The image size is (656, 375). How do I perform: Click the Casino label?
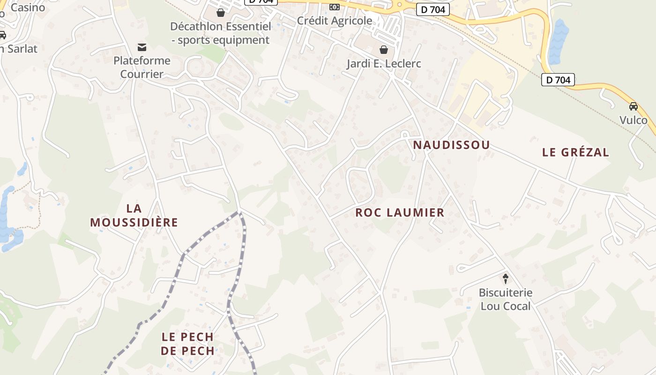coord(28,7)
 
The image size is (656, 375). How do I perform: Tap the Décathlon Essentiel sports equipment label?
coord(221,33)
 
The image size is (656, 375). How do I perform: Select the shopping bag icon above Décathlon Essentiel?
coord(221,13)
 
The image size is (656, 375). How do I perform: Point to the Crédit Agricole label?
coord(335,21)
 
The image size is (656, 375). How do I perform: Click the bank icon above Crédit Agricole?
coord(334,7)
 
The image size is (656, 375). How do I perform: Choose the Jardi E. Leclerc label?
coord(384,64)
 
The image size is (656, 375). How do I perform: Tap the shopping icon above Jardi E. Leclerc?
coord(384,50)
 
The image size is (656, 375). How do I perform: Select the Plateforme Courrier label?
coord(142,67)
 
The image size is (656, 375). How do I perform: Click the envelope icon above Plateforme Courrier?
coord(142,47)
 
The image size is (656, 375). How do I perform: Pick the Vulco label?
coord(634,120)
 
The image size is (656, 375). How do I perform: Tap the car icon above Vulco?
coord(634,106)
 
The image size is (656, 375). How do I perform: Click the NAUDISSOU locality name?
coord(451,145)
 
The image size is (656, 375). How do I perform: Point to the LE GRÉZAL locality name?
coord(575,152)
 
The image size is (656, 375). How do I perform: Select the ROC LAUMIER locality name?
coord(400,213)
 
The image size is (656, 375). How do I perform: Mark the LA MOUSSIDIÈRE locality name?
coord(134,215)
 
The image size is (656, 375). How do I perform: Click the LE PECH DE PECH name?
coord(187,344)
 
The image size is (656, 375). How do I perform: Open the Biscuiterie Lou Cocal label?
coord(506,300)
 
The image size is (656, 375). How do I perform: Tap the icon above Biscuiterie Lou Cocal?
coord(506,279)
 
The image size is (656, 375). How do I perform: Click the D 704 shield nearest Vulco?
coord(558,80)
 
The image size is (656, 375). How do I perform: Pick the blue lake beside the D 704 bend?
coord(558,42)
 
